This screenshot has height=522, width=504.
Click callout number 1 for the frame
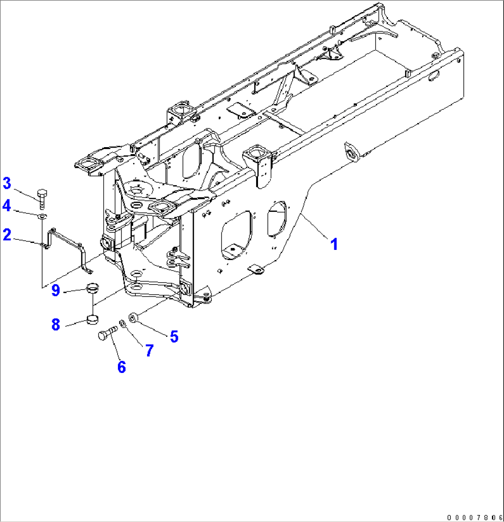[334, 243]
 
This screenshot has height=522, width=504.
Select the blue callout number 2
[7, 235]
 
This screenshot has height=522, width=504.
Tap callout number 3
[7, 183]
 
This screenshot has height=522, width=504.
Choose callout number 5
[174, 336]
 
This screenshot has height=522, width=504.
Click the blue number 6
[122, 367]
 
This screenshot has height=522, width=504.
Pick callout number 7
[149, 350]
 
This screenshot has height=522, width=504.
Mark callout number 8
[55, 325]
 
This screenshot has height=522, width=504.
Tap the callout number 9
[55, 291]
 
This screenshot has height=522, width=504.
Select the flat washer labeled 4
[42, 215]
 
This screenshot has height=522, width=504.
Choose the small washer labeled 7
[122, 323]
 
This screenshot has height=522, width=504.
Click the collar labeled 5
[133, 318]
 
